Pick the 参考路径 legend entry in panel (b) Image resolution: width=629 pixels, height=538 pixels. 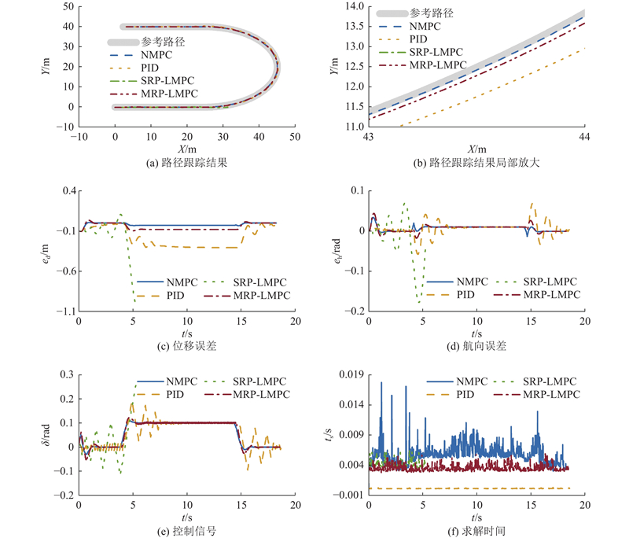[x=432, y=13]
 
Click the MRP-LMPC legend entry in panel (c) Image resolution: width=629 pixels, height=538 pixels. [x=246, y=294]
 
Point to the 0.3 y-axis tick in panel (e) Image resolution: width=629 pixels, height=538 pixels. [x=64, y=375]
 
